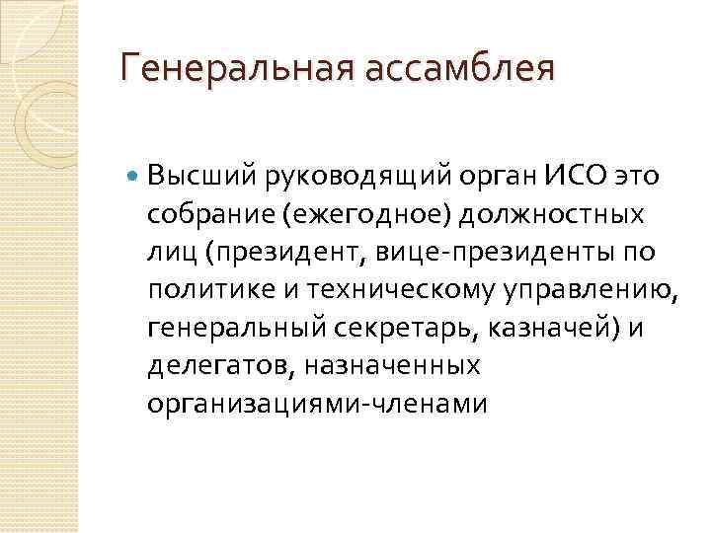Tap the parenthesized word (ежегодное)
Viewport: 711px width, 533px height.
point(335,214)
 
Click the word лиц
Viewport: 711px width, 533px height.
point(170,253)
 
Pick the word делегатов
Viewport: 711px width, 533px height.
point(206,365)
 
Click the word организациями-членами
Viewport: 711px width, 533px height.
point(317,403)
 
